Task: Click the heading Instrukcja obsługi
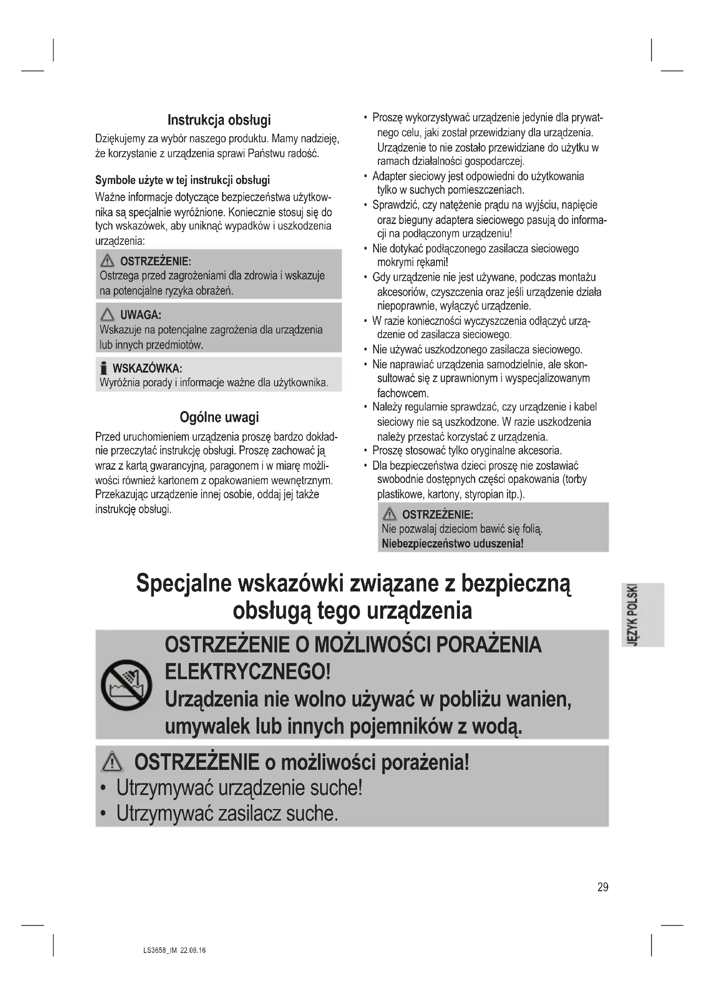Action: [x=219, y=120]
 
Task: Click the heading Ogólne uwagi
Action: [x=219, y=417]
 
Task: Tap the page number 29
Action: [x=603, y=887]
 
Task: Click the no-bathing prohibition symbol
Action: [x=127, y=685]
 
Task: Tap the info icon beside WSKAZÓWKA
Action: [x=103, y=369]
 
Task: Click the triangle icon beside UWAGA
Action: [x=107, y=314]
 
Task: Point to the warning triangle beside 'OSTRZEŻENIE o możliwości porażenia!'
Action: [x=113, y=762]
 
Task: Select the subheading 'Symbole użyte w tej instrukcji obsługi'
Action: [x=182, y=180]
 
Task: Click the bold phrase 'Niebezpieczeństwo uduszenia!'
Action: [x=452, y=543]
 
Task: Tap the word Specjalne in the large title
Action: [x=184, y=583]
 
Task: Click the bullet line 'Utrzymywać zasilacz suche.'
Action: [x=227, y=813]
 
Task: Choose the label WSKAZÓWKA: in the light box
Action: [x=147, y=369]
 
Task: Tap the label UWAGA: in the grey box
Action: [x=141, y=315]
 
